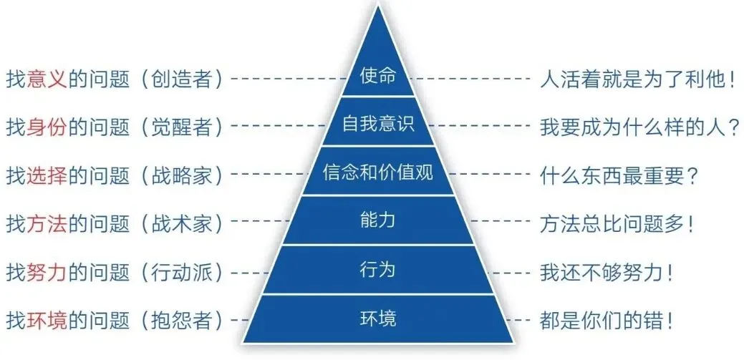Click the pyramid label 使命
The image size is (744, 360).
click(x=378, y=76)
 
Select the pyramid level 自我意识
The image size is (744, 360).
click(x=378, y=125)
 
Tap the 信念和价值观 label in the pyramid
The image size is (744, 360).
click(x=378, y=172)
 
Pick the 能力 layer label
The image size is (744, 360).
click(x=378, y=221)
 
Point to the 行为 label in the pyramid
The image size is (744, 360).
click(x=378, y=270)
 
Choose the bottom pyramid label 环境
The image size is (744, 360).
click(x=378, y=318)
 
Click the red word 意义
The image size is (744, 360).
click(x=47, y=78)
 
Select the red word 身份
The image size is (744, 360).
click(x=47, y=127)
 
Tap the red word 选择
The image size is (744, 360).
click(x=47, y=175)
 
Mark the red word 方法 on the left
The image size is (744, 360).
click(x=47, y=223)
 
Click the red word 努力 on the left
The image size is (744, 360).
click(x=47, y=272)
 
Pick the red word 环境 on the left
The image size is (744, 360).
click(x=47, y=319)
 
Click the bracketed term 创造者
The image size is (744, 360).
click(x=182, y=78)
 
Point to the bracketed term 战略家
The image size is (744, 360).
click(x=182, y=175)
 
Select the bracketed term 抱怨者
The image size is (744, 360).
click(x=182, y=319)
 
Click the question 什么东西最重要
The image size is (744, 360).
click(x=613, y=175)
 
